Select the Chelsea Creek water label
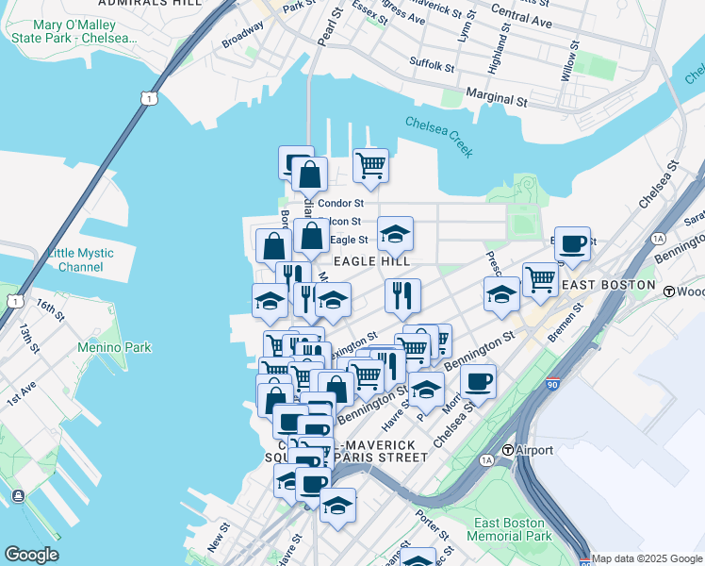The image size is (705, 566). click(x=438, y=137)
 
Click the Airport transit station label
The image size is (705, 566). click(x=528, y=451)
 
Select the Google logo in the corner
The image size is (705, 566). click(x=31, y=555)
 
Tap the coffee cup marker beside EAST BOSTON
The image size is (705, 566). click(x=572, y=244)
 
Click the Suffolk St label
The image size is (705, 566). click(x=432, y=64)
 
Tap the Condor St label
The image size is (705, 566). click(x=340, y=203)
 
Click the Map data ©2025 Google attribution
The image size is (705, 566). click(x=647, y=558)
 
